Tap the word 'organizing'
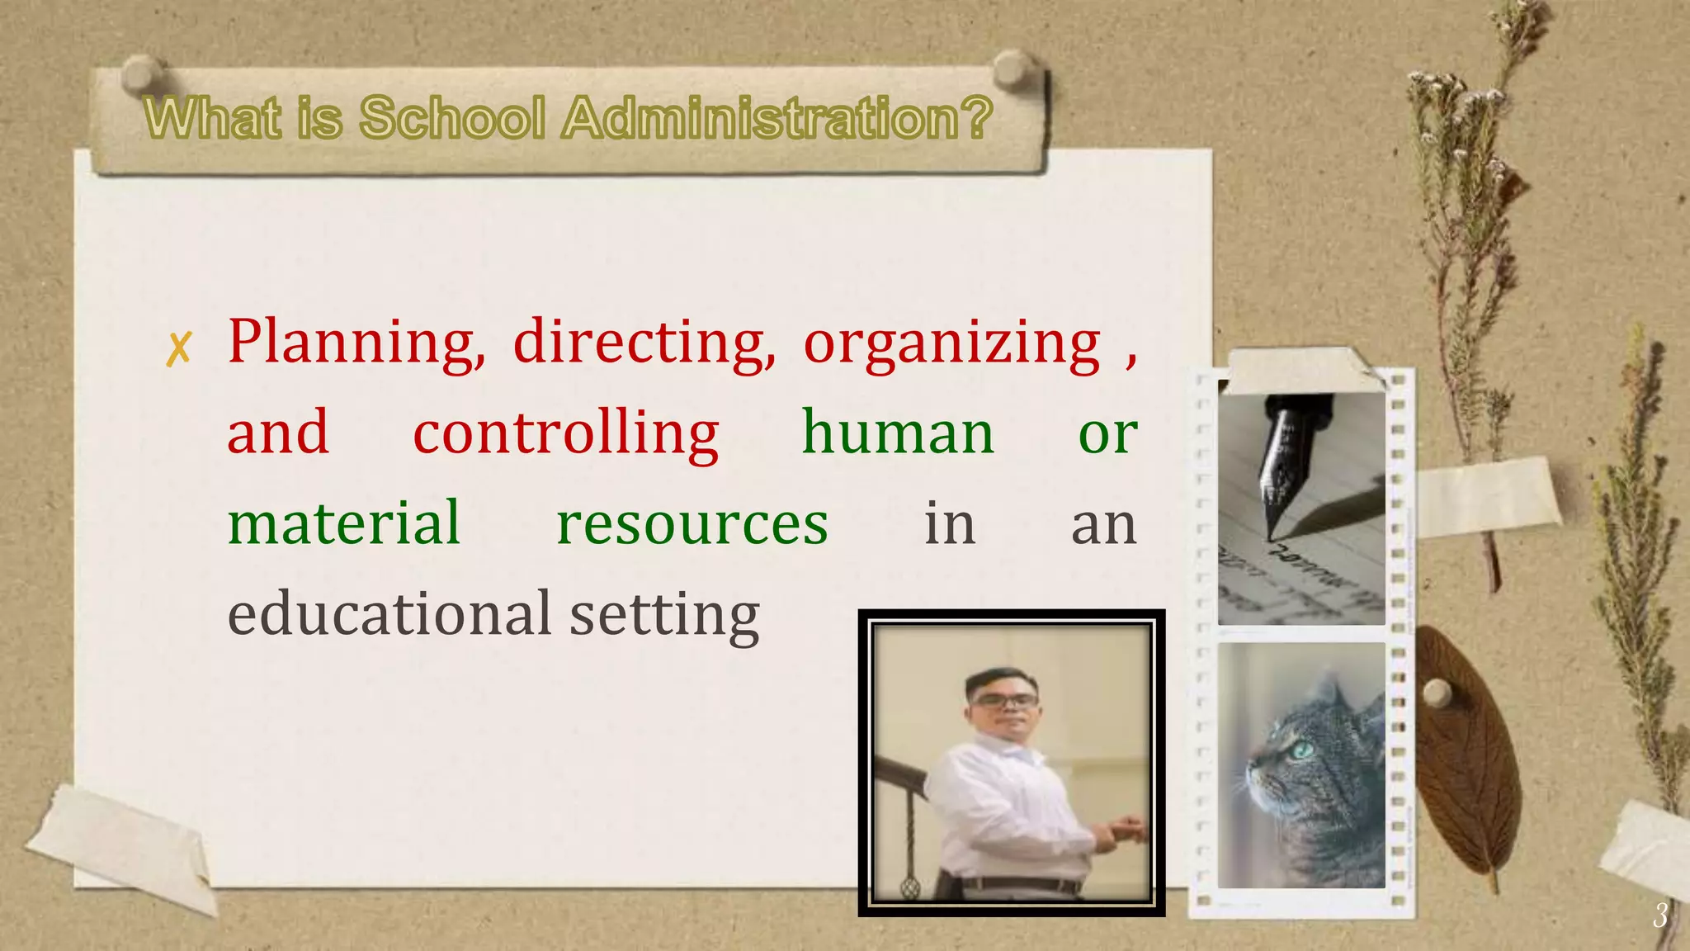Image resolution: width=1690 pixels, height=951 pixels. point(951,343)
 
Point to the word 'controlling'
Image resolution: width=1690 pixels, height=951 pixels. point(566,433)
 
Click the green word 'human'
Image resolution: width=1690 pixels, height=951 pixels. point(898,433)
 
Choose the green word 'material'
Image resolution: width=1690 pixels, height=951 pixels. point(343,523)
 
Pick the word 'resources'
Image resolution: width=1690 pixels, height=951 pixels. point(692,523)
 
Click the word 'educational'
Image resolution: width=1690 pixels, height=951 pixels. point(389,614)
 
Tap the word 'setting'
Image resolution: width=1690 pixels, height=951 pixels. point(664,616)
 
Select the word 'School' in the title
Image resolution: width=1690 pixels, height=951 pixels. point(452,117)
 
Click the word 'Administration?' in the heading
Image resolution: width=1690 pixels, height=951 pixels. point(777,117)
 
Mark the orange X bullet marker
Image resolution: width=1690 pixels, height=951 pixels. point(178,348)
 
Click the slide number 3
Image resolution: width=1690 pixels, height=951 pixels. point(1659,916)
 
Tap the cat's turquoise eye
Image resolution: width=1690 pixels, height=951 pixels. point(1303,750)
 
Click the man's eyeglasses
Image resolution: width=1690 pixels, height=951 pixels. point(1003,701)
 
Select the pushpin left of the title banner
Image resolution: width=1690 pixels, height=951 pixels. point(142,72)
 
